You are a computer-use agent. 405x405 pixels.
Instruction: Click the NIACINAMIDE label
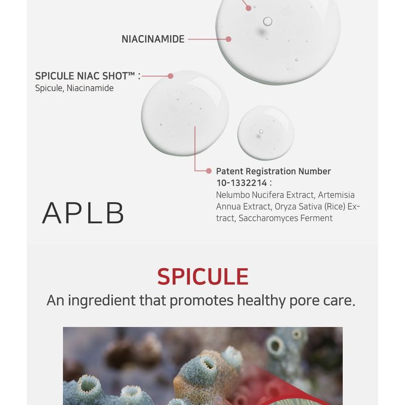[153, 39]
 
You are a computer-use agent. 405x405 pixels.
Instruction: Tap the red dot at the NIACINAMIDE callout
[229, 39]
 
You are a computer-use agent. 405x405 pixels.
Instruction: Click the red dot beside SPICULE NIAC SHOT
[171, 76]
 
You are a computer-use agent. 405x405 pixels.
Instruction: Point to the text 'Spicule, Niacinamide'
[74, 88]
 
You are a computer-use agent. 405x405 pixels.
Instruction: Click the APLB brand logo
[83, 213]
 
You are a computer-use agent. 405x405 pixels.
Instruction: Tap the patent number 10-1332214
[241, 183]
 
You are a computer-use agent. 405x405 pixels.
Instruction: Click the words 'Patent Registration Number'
[273, 172]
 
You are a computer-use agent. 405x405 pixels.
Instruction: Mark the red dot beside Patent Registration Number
[209, 172]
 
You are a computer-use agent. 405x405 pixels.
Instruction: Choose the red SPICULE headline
[202, 276]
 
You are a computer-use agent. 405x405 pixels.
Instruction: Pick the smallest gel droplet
[265, 133]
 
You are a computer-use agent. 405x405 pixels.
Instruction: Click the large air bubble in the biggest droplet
[267, 21]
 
